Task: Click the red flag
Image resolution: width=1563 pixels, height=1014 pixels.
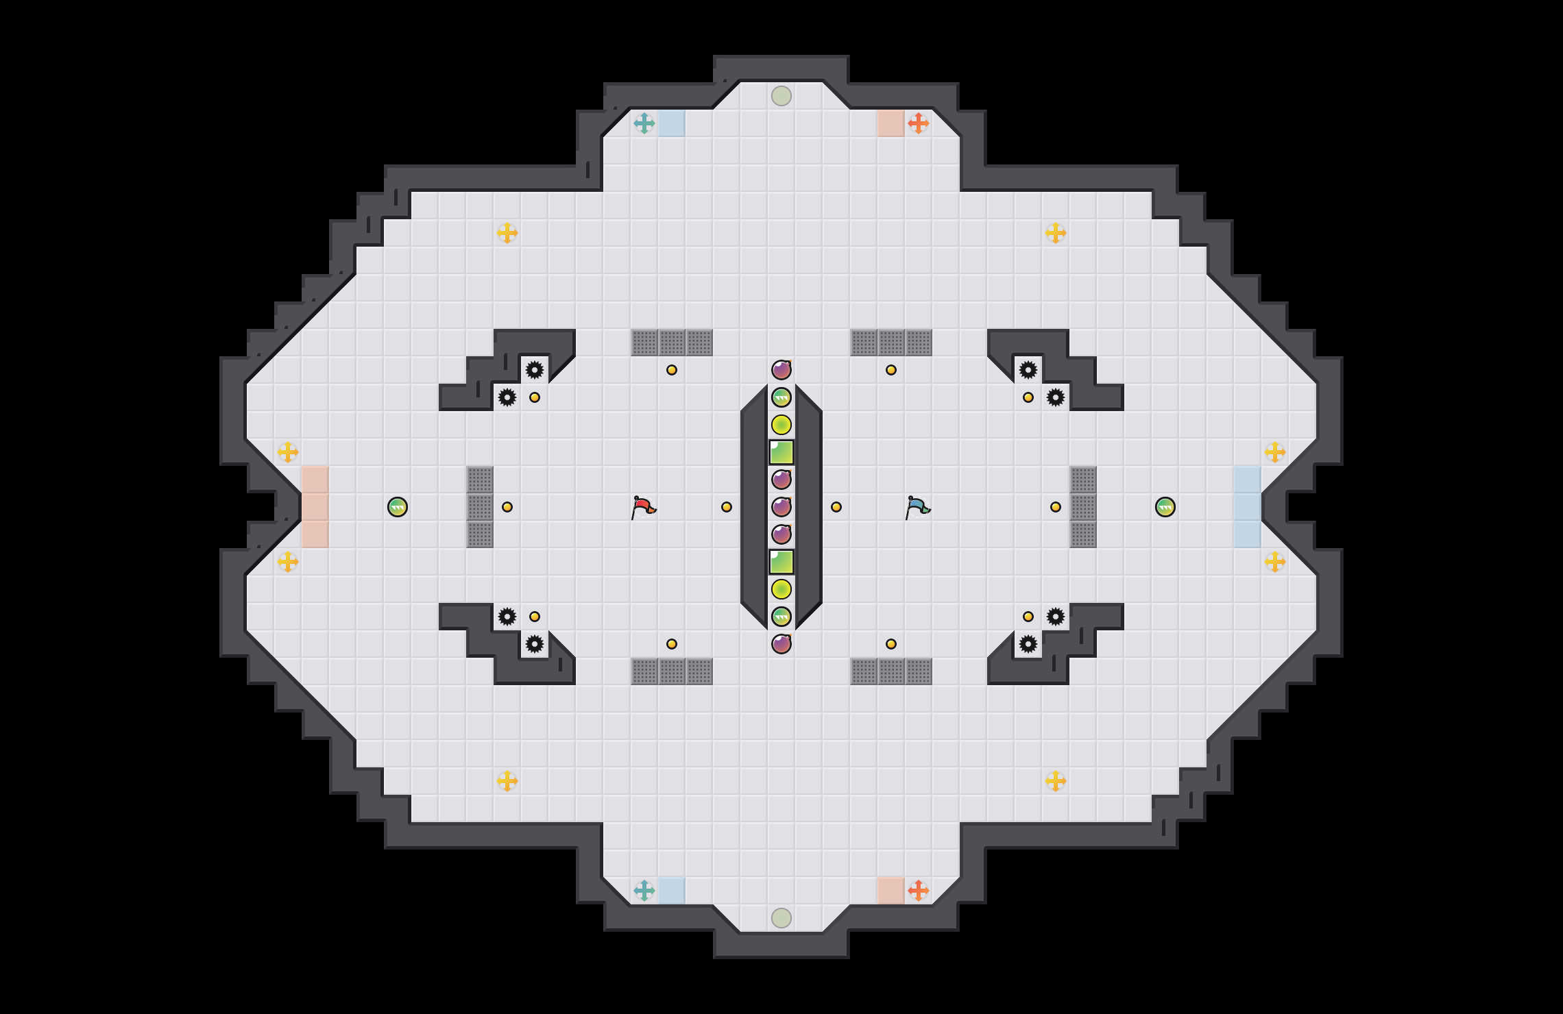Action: pyautogui.click(x=643, y=507)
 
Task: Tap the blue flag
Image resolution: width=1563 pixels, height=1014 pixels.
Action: pyautogui.click(x=917, y=507)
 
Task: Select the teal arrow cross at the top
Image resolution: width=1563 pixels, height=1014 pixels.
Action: pyautogui.click(x=644, y=123)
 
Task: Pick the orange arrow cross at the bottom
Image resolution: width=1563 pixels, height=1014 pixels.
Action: pyautogui.click(x=919, y=891)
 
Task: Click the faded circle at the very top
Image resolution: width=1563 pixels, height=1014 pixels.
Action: pyautogui.click(x=781, y=96)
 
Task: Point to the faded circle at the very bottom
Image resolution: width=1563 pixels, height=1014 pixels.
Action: pyautogui.click(x=781, y=918)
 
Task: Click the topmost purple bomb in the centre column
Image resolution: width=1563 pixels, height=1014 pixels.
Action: pyautogui.click(x=781, y=370)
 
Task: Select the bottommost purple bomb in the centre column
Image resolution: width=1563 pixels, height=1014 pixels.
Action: pyautogui.click(x=781, y=644)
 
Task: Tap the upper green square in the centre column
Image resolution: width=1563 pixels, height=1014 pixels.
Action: pyautogui.click(x=781, y=452)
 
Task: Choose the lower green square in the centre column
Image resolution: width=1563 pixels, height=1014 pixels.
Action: pyautogui.click(x=781, y=562)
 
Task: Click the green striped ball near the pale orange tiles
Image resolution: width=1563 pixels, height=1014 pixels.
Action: pyautogui.click(x=398, y=507)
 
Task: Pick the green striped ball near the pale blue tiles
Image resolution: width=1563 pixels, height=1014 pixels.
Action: pyautogui.click(x=1165, y=507)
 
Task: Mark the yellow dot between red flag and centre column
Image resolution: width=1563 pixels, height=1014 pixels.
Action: pyautogui.click(x=727, y=507)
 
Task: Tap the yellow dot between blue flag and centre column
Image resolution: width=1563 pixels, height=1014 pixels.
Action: pyautogui.click(x=836, y=507)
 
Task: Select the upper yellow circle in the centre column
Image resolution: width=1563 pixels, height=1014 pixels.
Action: pyautogui.click(x=781, y=425)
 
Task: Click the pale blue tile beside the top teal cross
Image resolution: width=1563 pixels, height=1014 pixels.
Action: pyautogui.click(x=672, y=123)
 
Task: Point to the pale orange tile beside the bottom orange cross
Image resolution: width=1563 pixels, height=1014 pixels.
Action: pyautogui.click(x=891, y=891)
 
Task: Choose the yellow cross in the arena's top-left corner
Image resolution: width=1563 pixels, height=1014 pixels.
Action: pyautogui.click(x=507, y=233)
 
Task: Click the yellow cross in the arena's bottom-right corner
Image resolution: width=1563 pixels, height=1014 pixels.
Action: pyautogui.click(x=1056, y=781)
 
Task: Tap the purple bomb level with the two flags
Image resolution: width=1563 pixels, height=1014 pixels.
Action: pyautogui.click(x=781, y=507)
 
